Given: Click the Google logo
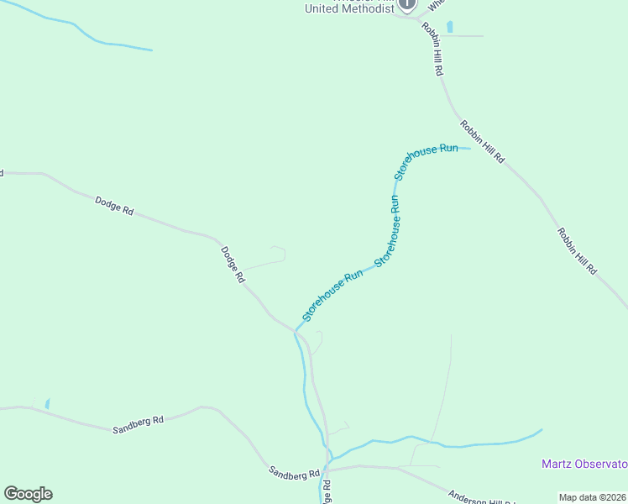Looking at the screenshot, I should coord(28,494).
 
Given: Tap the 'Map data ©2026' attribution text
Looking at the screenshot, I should coord(592,497).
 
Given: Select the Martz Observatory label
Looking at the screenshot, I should coord(584,465).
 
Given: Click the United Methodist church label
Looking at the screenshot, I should coord(349,8).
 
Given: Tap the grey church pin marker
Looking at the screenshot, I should coord(407,4).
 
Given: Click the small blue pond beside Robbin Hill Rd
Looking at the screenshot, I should coord(450,26).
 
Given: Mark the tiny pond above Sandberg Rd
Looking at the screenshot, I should coord(47,403).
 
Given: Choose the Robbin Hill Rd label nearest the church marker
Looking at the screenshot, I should coord(432,50).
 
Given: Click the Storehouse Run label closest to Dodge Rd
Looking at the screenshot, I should coord(332,295).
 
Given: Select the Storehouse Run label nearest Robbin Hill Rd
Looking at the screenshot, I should coord(427,160).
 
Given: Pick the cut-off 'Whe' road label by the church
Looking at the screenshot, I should coord(437,5).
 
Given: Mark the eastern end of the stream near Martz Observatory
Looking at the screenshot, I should coord(541,430).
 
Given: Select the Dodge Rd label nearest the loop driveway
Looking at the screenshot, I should coord(233,265).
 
